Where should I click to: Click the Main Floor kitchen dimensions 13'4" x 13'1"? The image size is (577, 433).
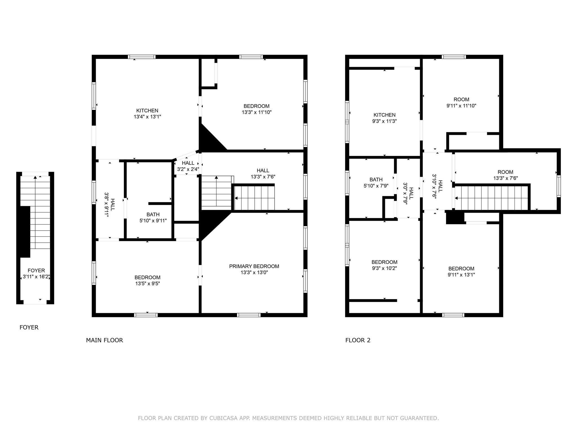click(x=147, y=117)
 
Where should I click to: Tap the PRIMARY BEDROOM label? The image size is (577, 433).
click(x=254, y=266)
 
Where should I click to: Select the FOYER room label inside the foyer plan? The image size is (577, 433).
click(x=36, y=271)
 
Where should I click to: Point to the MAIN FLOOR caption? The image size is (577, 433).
click(x=105, y=340)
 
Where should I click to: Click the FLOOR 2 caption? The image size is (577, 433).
click(x=358, y=340)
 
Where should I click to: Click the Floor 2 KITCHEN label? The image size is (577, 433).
click(x=385, y=115)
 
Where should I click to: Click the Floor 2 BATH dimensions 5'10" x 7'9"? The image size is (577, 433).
click(x=376, y=186)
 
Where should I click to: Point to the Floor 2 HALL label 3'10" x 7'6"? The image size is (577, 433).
click(x=437, y=186)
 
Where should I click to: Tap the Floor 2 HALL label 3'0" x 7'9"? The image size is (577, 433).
click(x=409, y=193)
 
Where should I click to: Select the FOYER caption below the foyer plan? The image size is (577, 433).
click(x=29, y=328)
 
